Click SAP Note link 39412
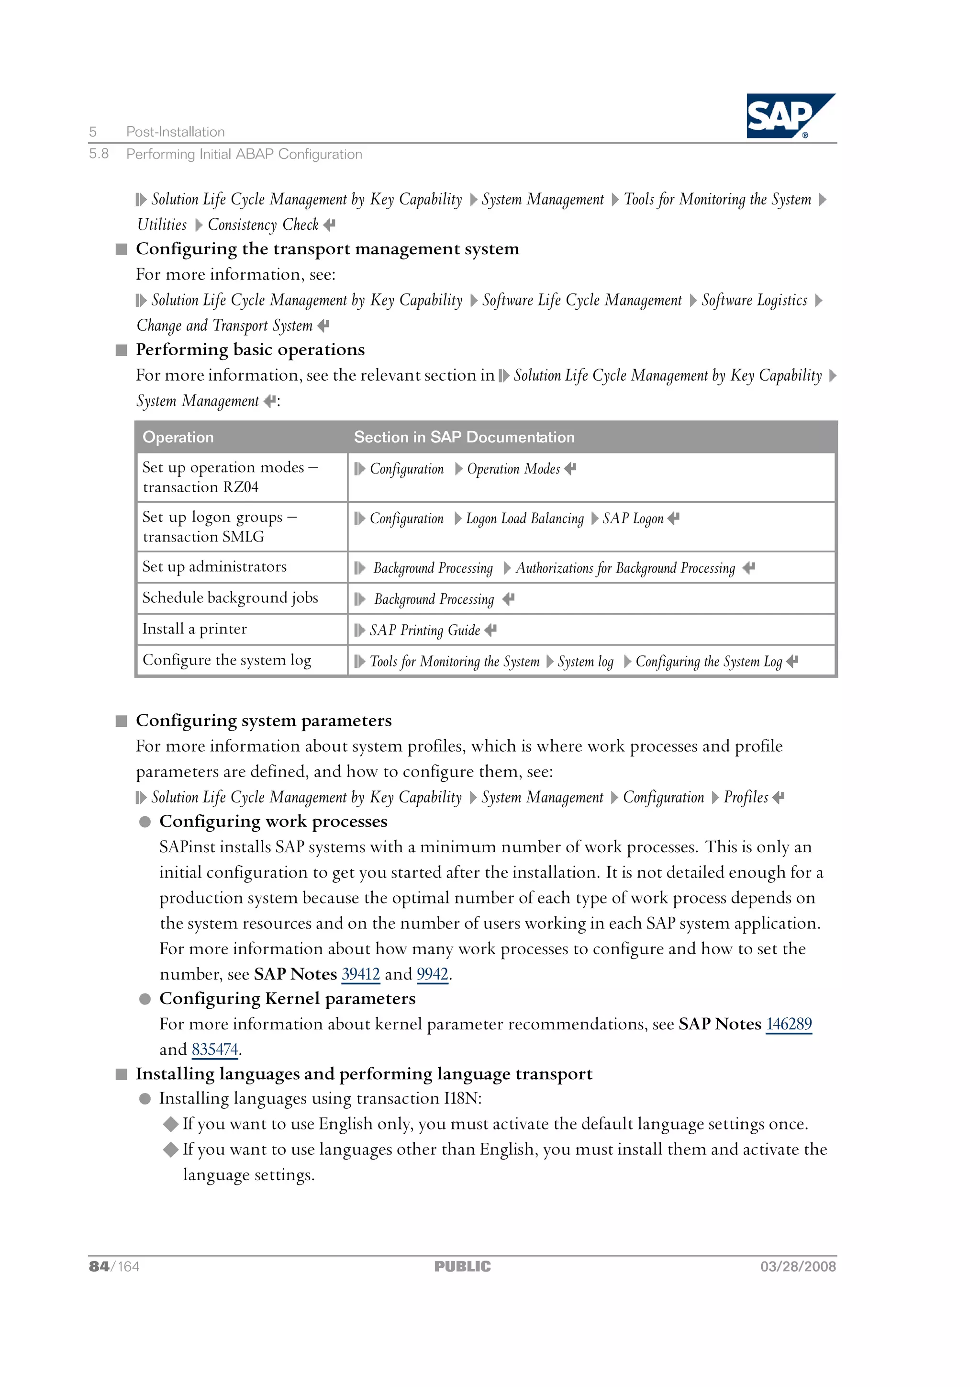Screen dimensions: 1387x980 pyautogui.click(x=360, y=974)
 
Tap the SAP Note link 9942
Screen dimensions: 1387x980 pyautogui.click(x=432, y=974)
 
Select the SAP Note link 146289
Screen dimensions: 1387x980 pyautogui.click(x=789, y=1024)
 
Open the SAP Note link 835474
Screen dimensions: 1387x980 pyautogui.click(x=215, y=1049)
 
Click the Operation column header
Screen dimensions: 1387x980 pyautogui.click(x=178, y=438)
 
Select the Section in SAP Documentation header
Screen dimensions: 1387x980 pyautogui.click(x=464, y=438)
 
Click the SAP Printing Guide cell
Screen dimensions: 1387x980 pyautogui.click(x=425, y=630)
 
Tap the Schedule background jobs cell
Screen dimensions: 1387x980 pyautogui.click(x=230, y=598)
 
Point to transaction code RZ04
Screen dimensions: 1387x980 pyautogui.click(x=240, y=487)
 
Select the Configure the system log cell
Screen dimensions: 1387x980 pyautogui.click(x=227, y=660)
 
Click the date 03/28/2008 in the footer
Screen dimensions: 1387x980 pyautogui.click(x=798, y=1267)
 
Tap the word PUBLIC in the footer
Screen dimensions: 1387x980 pyautogui.click(x=463, y=1267)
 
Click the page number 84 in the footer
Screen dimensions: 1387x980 pyautogui.click(x=99, y=1267)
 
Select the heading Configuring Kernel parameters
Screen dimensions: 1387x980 pyautogui.click(x=288, y=999)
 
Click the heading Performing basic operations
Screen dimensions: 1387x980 pyautogui.click(x=250, y=350)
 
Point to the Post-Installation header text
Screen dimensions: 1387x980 pyautogui.click(x=175, y=132)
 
